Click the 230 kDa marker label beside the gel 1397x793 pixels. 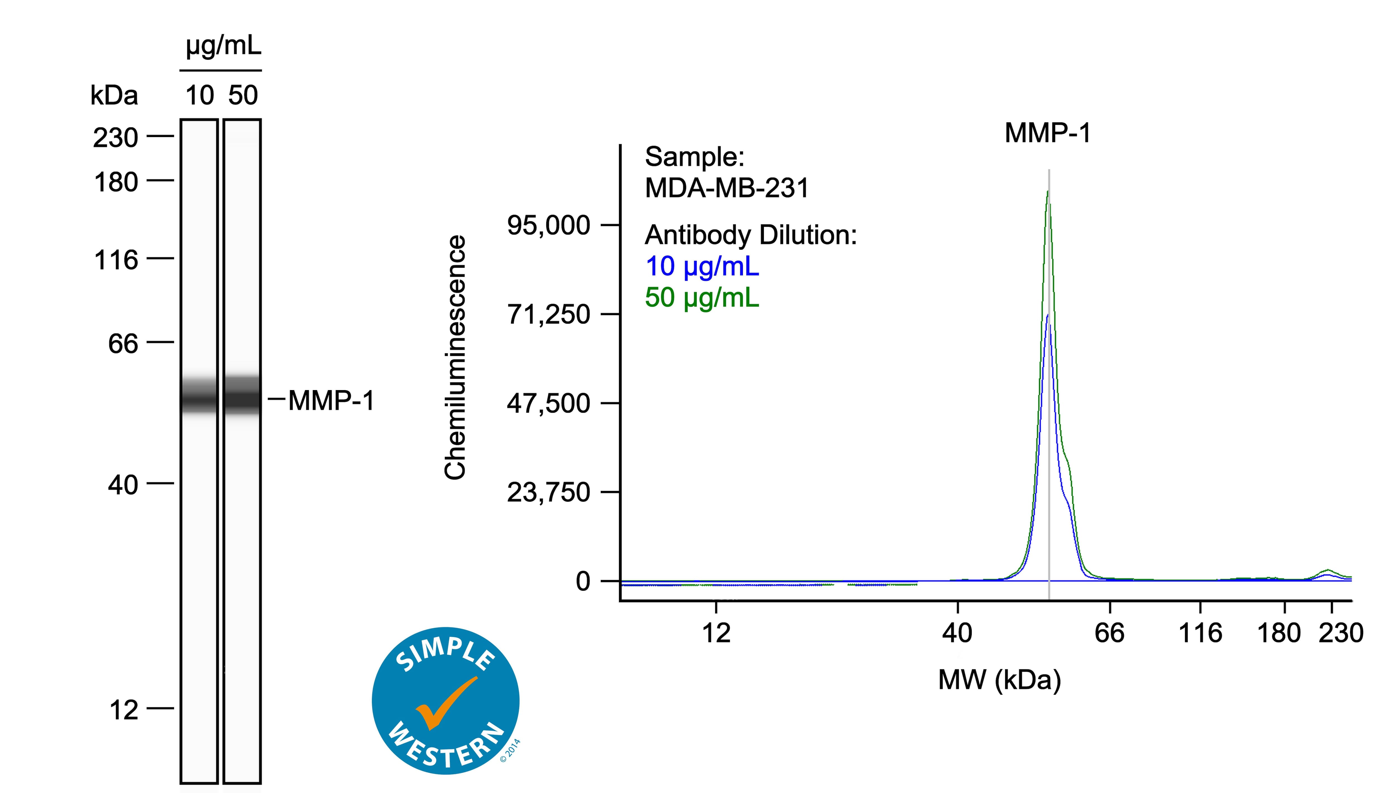point(115,138)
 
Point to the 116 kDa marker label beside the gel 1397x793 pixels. point(116,260)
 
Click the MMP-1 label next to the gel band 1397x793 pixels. point(331,401)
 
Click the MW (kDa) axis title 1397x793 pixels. point(999,680)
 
